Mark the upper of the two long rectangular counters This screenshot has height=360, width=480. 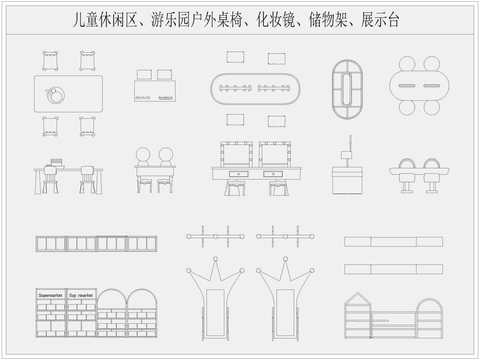pos(393,242)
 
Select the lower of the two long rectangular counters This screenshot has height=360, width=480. pos(393,269)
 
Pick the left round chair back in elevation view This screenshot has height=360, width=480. pos(144,156)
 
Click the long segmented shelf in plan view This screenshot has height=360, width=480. pos(97,243)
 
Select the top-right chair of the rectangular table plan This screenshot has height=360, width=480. pos(88,60)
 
